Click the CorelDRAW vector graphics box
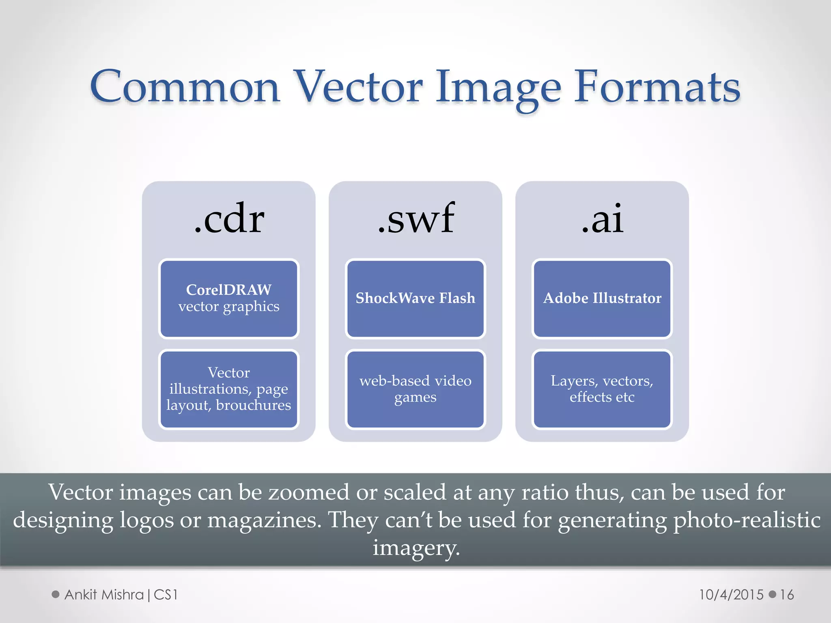tap(229, 299)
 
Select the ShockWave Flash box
tap(415, 299)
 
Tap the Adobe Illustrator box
tap(602, 299)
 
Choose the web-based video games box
tap(415, 389)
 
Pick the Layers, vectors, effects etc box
tap(602, 389)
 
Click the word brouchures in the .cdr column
tap(254, 405)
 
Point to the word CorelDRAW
tap(229, 290)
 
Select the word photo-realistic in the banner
tap(747, 520)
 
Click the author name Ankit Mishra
tap(104, 595)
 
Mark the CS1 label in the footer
tap(166, 595)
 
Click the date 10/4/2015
tap(731, 595)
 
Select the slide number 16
tap(787, 595)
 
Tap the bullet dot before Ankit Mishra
tap(56, 595)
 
